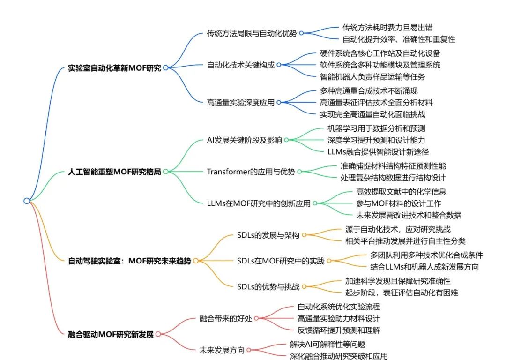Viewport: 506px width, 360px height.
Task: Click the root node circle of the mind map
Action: click(x=27, y=201)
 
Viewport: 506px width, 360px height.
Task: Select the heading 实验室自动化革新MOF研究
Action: click(x=114, y=68)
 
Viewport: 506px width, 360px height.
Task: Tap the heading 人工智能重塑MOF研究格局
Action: click(x=114, y=172)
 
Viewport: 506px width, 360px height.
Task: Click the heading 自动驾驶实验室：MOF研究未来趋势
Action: click(x=130, y=261)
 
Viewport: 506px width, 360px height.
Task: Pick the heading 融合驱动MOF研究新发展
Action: click(x=111, y=334)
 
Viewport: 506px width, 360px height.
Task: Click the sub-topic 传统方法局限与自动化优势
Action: click(x=252, y=33)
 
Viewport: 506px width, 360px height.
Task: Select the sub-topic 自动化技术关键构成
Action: click(x=240, y=65)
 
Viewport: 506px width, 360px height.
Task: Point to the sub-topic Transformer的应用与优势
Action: click(x=251, y=172)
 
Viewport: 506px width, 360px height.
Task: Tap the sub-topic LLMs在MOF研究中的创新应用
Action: click(x=259, y=203)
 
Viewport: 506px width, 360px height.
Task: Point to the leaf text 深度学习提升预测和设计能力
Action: click(x=376, y=140)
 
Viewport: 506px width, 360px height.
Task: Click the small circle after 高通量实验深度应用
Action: click(x=279, y=102)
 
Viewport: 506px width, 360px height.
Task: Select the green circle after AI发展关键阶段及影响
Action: click(x=286, y=140)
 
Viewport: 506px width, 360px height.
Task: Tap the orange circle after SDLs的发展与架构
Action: click(x=304, y=235)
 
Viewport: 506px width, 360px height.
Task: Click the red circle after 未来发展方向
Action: click(x=249, y=350)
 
